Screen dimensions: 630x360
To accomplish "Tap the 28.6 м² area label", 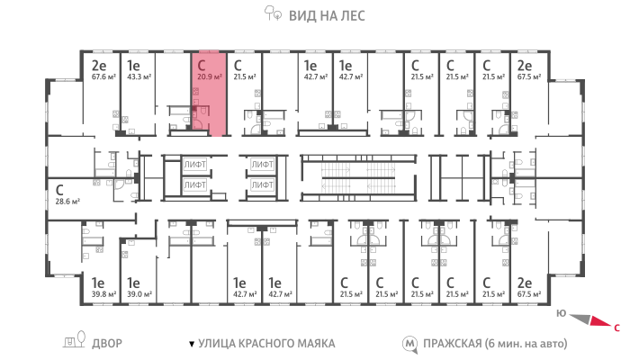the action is (x=67, y=202).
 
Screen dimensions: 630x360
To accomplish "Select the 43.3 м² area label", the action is (x=139, y=76).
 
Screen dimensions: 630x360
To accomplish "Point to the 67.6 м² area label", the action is (x=103, y=76).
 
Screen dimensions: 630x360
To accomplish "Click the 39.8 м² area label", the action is (x=103, y=294).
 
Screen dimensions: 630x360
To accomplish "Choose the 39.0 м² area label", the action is (x=139, y=294).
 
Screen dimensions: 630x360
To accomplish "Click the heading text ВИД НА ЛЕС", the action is (x=327, y=16).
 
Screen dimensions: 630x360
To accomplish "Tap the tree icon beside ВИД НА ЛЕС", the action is (x=273, y=13).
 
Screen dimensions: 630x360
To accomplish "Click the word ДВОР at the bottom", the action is (x=107, y=344).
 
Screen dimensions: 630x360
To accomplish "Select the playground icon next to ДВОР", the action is (x=75, y=339).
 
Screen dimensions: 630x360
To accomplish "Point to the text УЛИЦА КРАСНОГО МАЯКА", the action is (x=266, y=344).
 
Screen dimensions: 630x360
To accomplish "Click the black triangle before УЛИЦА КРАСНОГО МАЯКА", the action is (x=192, y=344).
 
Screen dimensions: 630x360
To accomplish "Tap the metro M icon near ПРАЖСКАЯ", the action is (x=409, y=344).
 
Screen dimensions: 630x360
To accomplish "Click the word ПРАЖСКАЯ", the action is (x=453, y=344).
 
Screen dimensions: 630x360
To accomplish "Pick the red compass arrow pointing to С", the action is (x=600, y=322).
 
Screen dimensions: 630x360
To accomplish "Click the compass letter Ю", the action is (x=562, y=313).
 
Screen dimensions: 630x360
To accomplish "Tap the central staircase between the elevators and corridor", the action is (x=358, y=177).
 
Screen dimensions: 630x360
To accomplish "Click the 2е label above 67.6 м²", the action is (x=99, y=65).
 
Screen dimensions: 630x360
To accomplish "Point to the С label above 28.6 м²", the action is (x=59, y=190).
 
